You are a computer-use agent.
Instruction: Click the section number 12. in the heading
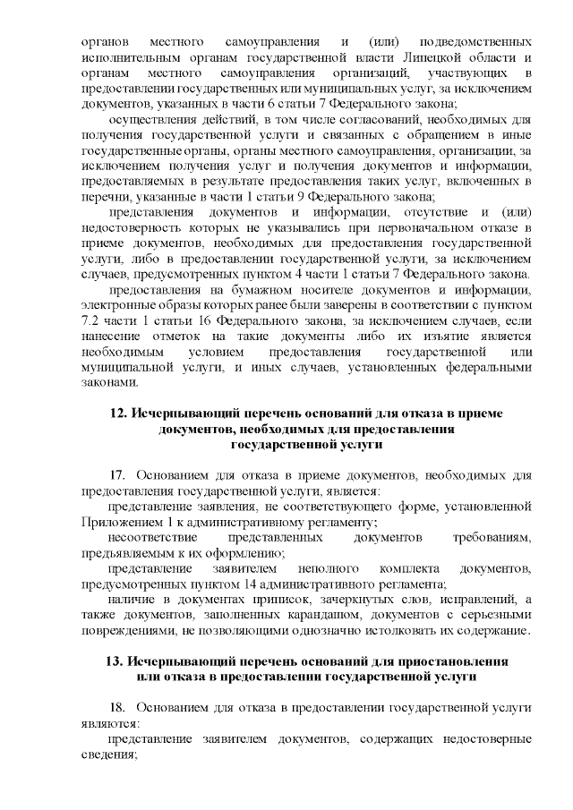[x=118, y=414]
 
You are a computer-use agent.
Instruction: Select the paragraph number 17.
[x=118, y=473]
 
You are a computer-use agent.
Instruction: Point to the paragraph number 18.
[x=118, y=706]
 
